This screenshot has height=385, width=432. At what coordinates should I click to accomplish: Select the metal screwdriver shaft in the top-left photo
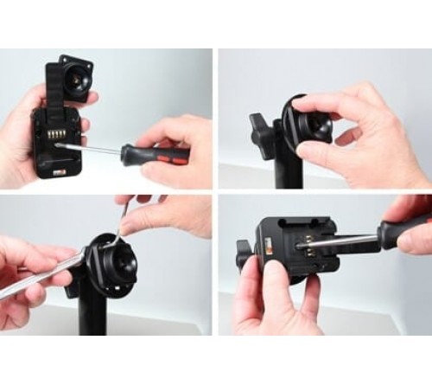[95, 150]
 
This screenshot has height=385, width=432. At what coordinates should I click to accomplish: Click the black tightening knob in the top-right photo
[260, 130]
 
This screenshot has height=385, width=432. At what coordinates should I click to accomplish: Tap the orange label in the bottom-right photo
[267, 253]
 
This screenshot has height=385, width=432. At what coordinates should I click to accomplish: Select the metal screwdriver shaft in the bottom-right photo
[337, 242]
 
